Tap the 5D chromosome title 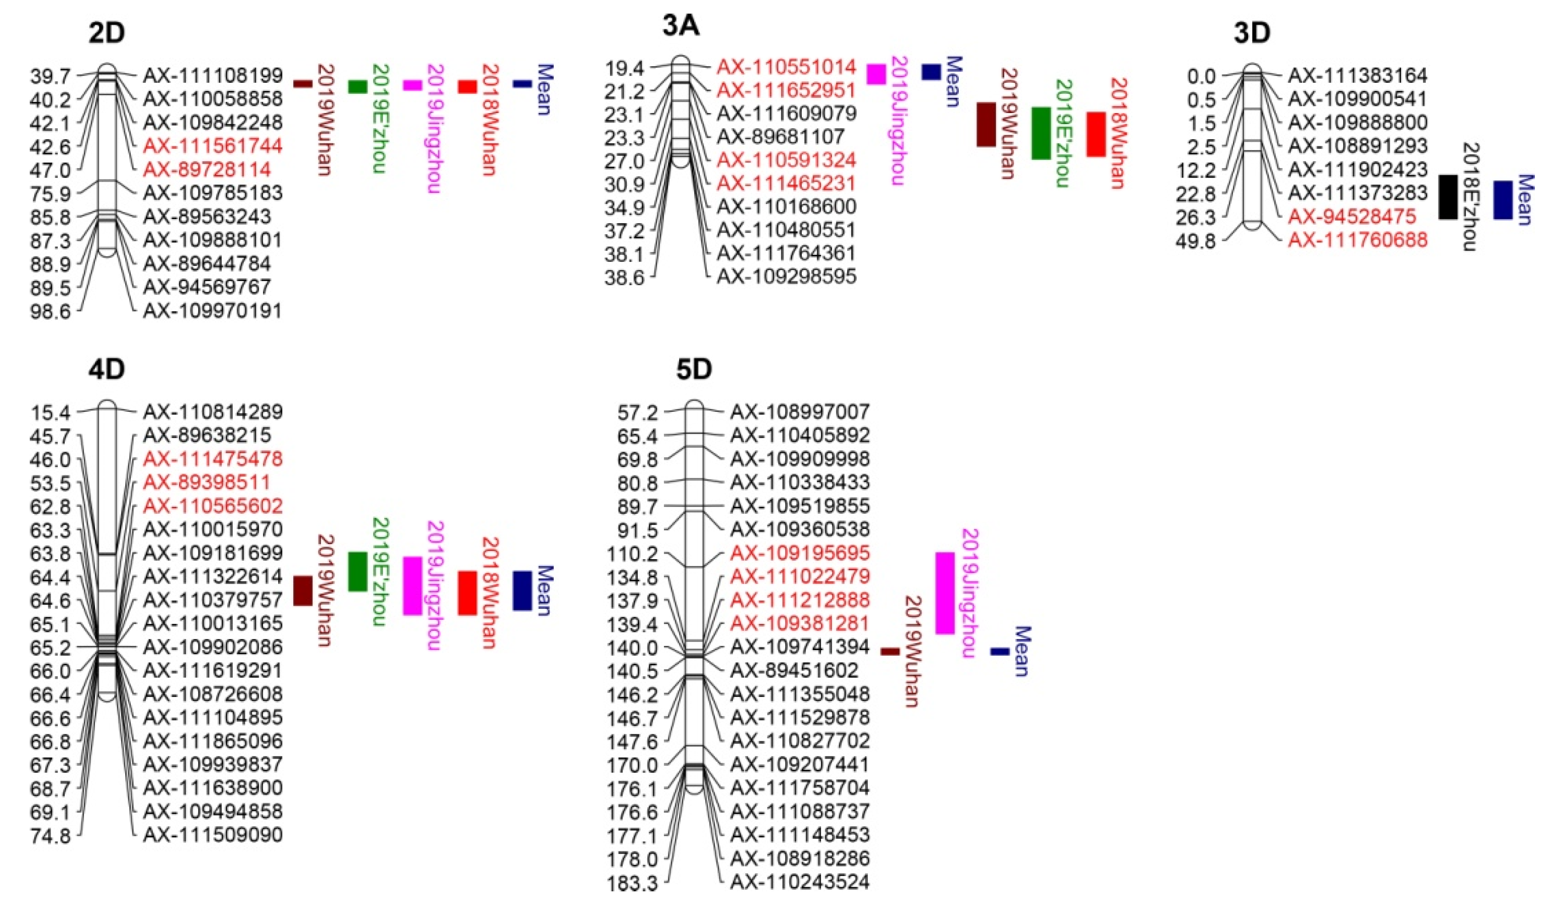[x=694, y=370]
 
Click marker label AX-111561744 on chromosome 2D [x=213, y=146]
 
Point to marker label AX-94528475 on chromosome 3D [x=1352, y=216]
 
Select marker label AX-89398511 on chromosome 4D [x=207, y=483]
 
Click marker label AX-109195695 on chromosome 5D [x=800, y=553]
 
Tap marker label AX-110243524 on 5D [x=800, y=882]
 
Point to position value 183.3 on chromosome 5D [x=633, y=884]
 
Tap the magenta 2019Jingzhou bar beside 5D [x=945, y=593]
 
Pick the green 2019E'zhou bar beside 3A [x=1041, y=133]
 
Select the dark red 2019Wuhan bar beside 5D [x=890, y=652]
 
